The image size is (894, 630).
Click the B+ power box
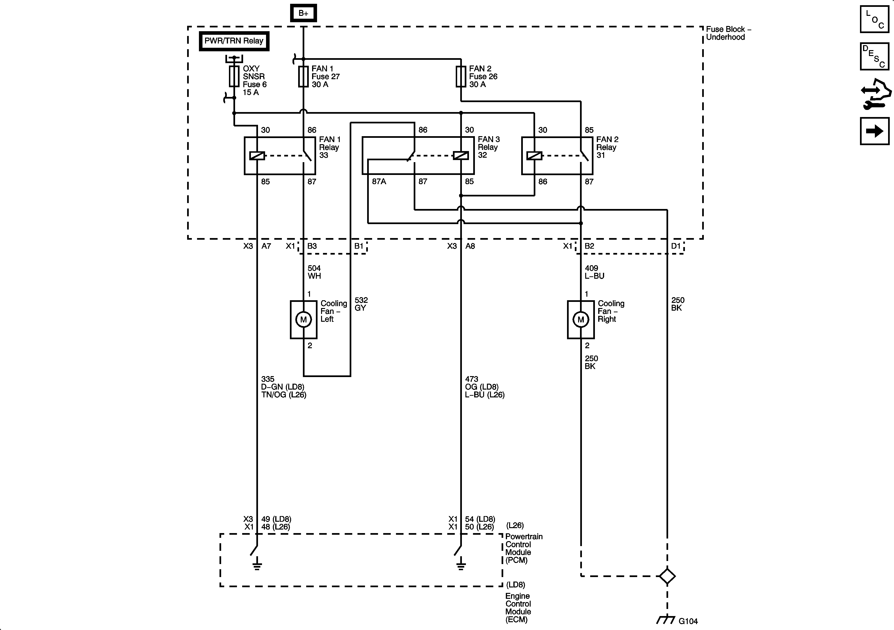303,13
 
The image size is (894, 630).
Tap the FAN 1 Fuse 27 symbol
303,76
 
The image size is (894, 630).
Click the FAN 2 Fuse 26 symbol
461,76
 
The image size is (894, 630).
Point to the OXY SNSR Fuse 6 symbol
234,76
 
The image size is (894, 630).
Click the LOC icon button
875,19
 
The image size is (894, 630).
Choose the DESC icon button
875,56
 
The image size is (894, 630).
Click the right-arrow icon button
875,131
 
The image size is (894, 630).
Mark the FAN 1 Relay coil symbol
257,156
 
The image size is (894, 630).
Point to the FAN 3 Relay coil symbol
461,156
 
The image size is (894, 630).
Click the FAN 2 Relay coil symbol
534,156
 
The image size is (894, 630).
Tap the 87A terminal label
379,182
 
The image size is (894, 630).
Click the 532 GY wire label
361,304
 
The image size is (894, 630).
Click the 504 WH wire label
314,272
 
